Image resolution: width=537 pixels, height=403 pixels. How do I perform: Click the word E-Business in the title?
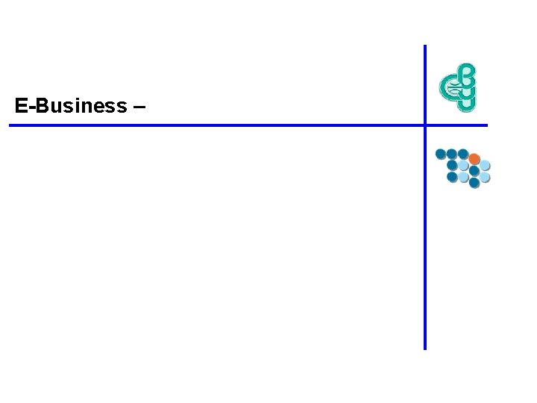[71, 106]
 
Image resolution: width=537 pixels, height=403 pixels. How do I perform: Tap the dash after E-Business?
[139, 106]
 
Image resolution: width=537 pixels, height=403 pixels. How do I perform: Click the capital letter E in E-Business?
[21, 106]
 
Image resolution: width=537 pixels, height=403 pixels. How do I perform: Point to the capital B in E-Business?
[41, 106]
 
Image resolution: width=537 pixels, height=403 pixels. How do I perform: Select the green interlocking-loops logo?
[457, 87]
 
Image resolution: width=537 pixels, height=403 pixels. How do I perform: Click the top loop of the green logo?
[465, 72]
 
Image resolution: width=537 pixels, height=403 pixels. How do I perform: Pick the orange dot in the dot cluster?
[474, 159]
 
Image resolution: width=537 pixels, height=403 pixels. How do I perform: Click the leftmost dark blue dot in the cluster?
[441, 154]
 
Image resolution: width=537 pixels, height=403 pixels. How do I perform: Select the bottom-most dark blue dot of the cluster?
[474, 182]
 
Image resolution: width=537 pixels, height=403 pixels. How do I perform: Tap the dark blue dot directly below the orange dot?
[474, 171]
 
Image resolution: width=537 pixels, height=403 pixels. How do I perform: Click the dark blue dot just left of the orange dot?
[462, 154]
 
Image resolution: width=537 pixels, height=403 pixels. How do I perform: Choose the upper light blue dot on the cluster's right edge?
[485, 165]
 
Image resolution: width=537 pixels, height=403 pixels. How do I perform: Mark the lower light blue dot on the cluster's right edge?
[485, 177]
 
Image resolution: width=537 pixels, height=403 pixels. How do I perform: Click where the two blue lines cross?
[425, 125]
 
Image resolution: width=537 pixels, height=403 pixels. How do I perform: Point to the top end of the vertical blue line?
[425, 46]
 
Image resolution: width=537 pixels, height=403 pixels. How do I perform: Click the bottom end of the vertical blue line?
[425, 348]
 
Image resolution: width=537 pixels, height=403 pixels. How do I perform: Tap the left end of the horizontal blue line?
[10, 125]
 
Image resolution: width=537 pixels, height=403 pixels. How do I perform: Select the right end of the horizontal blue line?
[486, 125]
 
